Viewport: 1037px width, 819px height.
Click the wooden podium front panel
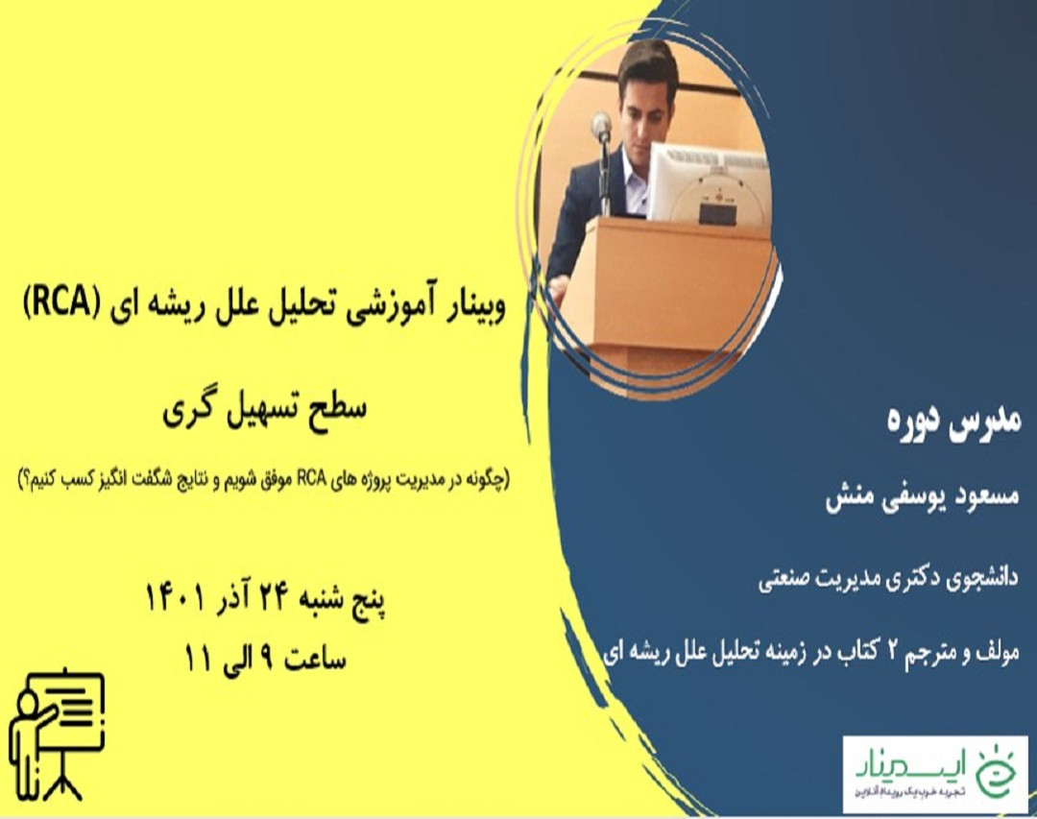click(672, 283)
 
